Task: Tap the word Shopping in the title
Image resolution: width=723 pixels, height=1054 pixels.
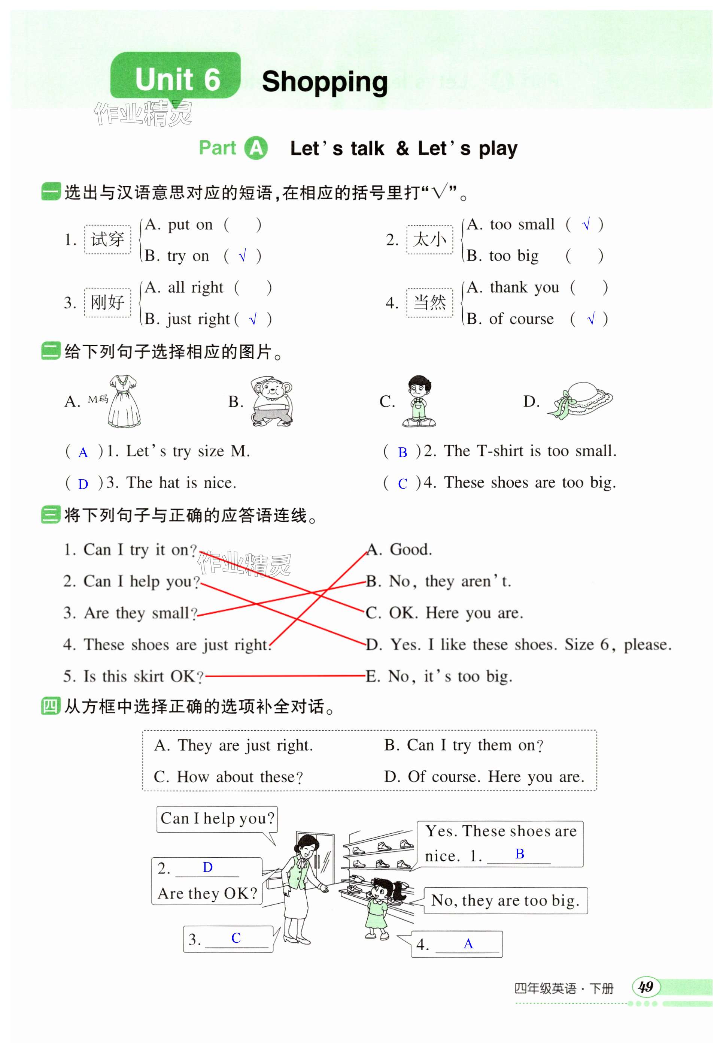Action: click(x=325, y=82)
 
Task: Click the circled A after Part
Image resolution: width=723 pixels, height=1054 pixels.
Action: click(x=256, y=148)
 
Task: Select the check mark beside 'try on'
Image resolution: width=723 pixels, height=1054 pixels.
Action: click(x=243, y=256)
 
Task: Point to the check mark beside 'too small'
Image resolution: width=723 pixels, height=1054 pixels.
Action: click(x=586, y=224)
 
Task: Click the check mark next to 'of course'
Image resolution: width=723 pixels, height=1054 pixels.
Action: click(x=590, y=319)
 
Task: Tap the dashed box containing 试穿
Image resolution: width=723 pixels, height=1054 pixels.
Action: click(x=107, y=239)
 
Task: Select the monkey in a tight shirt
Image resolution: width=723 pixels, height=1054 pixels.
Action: click(x=271, y=401)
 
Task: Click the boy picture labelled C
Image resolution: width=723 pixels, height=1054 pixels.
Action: click(x=419, y=401)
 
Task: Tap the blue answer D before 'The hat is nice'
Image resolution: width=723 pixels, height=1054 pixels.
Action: click(x=83, y=484)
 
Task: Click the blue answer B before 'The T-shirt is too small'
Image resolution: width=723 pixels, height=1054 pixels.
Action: click(x=402, y=452)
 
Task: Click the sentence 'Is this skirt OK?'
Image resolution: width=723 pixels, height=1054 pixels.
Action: click(x=133, y=676)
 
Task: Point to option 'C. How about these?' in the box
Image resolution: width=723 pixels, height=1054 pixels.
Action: click(x=228, y=776)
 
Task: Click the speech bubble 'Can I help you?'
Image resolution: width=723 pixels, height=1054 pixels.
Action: click(x=217, y=818)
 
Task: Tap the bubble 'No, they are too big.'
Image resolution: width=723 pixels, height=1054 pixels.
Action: click(x=505, y=900)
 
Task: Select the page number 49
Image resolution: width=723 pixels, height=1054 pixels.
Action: click(x=645, y=987)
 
